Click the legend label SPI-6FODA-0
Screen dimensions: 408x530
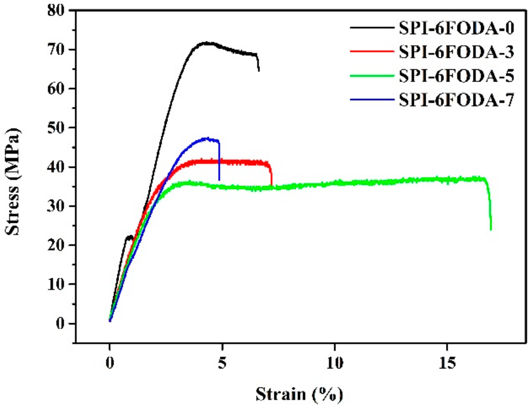coord(456,28)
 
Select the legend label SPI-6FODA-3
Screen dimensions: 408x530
coord(456,52)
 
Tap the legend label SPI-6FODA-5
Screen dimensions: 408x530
coord(456,76)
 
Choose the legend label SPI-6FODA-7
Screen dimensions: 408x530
coord(456,99)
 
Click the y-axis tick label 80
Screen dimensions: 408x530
coord(56,11)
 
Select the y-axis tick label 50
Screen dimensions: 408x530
coord(56,128)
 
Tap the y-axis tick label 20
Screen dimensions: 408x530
coord(56,245)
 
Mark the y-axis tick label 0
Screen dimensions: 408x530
coord(60,323)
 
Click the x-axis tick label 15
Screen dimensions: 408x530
coord(447,363)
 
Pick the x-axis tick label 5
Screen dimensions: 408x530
coord(222,363)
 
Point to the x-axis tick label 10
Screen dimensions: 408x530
coord(335,363)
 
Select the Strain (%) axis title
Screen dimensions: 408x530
coord(299,394)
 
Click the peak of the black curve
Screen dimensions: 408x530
coord(206,43)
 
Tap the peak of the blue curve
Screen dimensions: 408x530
coord(207,138)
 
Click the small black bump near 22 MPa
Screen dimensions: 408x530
coord(130,237)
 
